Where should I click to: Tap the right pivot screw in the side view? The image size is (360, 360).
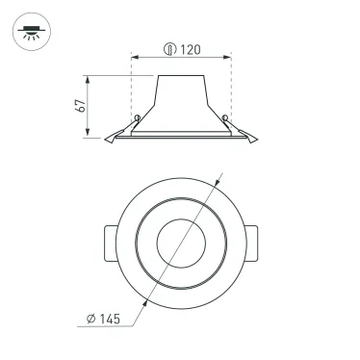[226, 119]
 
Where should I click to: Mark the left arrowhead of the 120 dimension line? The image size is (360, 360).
[134, 55]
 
